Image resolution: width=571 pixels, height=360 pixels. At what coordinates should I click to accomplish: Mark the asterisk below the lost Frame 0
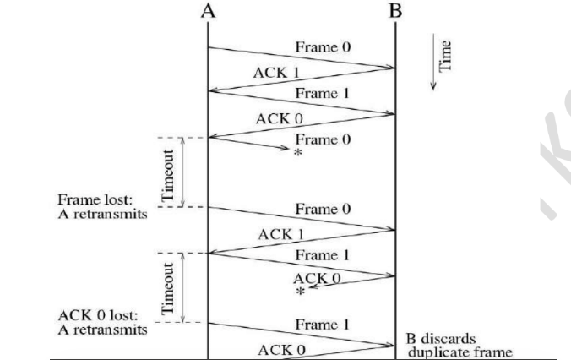pos(297,153)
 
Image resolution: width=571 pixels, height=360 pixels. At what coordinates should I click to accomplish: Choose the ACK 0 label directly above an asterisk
pos(314,277)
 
